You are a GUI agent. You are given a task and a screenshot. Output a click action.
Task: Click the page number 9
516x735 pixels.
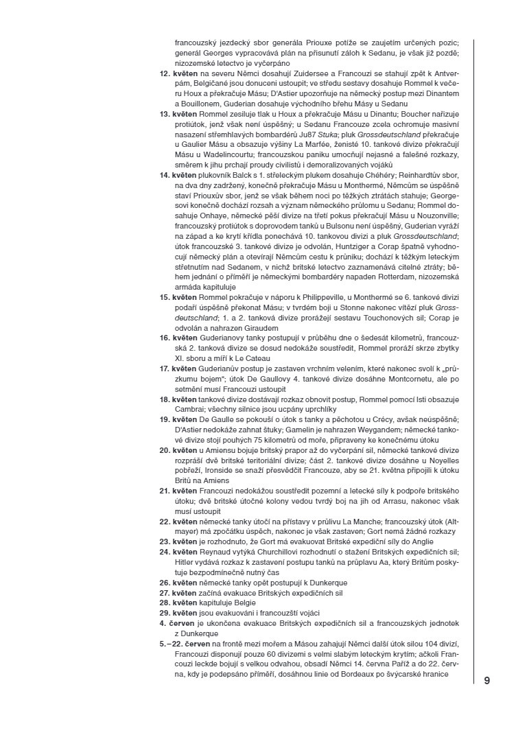pyautogui.click(x=486, y=680)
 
